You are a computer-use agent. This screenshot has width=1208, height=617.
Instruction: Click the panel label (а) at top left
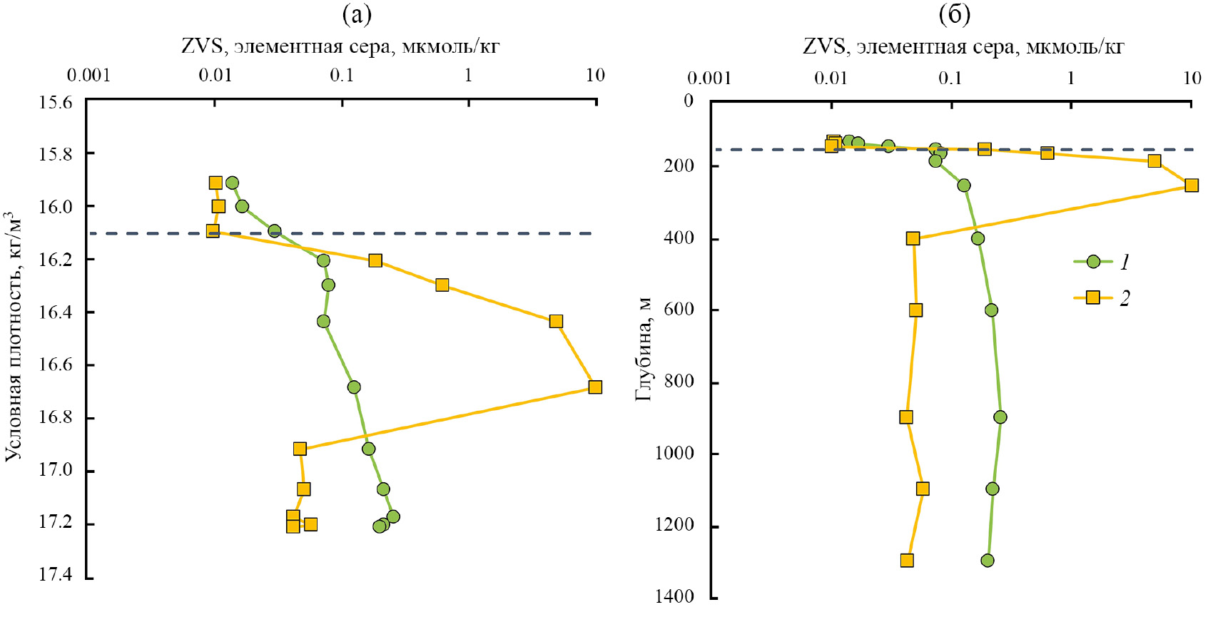click(357, 14)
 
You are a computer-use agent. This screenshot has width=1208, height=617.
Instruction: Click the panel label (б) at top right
click(954, 14)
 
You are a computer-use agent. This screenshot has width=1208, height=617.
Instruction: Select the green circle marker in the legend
click(1093, 262)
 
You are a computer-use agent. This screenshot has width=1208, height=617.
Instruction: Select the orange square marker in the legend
click(1093, 297)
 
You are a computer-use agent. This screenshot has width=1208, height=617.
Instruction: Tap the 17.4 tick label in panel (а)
click(55, 575)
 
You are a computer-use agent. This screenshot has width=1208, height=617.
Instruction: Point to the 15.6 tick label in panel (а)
click(55, 102)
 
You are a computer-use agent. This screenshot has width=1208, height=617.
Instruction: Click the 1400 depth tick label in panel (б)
click(674, 596)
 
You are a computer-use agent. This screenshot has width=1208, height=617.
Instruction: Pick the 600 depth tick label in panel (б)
click(679, 309)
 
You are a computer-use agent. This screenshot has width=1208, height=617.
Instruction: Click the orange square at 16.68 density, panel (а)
click(595, 387)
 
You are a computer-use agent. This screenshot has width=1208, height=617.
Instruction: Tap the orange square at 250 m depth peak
click(1192, 185)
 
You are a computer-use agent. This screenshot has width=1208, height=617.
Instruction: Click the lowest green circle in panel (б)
click(988, 561)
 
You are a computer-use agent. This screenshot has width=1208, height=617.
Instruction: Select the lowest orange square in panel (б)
click(907, 561)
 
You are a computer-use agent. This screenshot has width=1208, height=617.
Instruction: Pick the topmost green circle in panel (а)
click(232, 183)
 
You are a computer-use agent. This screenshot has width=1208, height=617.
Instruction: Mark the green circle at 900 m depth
click(1000, 417)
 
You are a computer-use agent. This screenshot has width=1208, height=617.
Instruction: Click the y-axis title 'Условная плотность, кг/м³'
click(14, 335)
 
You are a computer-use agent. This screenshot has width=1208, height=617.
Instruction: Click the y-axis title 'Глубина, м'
click(644, 349)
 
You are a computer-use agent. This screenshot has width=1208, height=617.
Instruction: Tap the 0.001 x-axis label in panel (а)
click(88, 75)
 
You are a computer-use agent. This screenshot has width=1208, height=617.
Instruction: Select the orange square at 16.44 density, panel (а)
click(556, 322)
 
